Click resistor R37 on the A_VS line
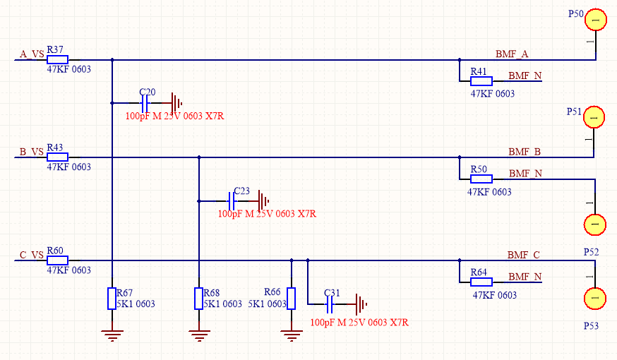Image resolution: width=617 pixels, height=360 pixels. [x=57, y=60]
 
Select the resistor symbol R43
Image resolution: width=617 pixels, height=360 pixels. [x=57, y=157]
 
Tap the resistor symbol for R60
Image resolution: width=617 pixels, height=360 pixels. [x=57, y=260]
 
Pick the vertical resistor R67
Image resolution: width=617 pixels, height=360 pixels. [x=112, y=299]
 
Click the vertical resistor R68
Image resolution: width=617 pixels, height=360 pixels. [x=199, y=299]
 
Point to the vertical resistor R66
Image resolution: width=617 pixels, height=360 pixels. [x=291, y=299]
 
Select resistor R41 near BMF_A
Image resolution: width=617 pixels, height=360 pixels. [x=481, y=81]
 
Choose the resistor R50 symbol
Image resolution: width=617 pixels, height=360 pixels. [x=481, y=179]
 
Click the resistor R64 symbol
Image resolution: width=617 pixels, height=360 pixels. [x=481, y=282]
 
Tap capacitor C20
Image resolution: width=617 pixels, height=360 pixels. [x=145, y=102]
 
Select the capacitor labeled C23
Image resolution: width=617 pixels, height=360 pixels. [x=232, y=200]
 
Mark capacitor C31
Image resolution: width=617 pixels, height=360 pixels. [x=329, y=305]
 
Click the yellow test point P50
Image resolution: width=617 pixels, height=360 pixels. [x=594, y=21]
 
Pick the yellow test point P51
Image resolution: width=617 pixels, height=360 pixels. [x=594, y=118]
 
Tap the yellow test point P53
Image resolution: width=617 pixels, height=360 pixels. [x=594, y=299]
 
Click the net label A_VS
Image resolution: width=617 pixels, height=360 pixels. [x=32, y=54]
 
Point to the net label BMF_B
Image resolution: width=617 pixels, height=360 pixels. [x=525, y=151]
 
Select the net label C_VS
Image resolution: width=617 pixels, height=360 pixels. [x=32, y=255]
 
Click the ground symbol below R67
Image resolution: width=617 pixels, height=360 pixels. [x=112, y=335]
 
